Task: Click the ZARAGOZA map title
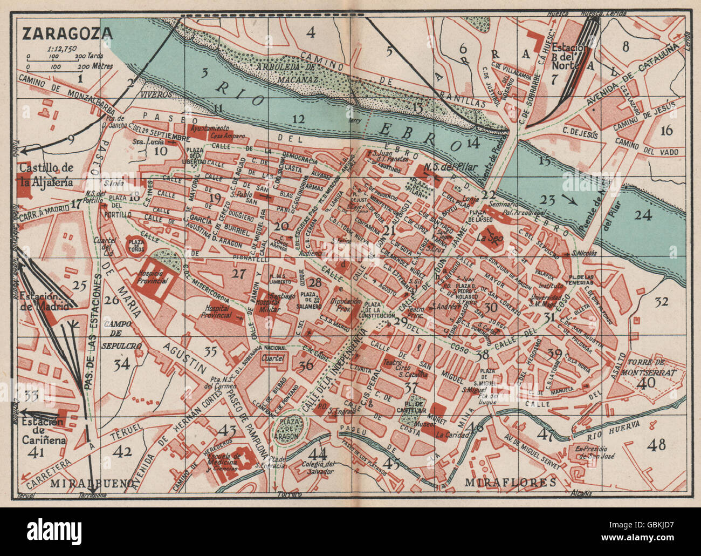click(x=67, y=33)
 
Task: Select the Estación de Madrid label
click(x=44, y=301)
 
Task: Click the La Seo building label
click(x=489, y=237)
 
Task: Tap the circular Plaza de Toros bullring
click(x=135, y=247)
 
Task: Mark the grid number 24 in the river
click(x=643, y=214)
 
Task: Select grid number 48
click(x=657, y=444)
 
